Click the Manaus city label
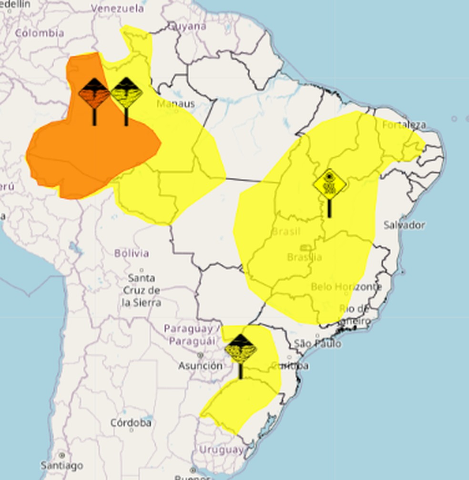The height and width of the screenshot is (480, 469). (175, 104)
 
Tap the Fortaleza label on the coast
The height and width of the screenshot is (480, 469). (404, 125)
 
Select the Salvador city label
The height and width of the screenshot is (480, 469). (404, 225)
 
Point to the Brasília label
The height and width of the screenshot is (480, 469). (304, 257)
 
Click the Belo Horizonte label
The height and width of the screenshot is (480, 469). (346, 287)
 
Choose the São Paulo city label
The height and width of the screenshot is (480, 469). (317, 343)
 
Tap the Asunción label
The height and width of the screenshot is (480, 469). (200, 366)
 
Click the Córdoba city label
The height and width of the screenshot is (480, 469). (131, 423)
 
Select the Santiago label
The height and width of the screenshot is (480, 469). (61, 465)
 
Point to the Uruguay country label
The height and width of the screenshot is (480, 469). (221, 450)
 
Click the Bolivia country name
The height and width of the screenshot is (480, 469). (132, 253)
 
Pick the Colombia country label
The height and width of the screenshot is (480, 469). (40, 33)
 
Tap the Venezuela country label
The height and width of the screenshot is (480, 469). (117, 9)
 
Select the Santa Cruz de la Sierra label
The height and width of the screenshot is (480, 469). (141, 290)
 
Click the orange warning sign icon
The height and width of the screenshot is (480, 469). (94, 94)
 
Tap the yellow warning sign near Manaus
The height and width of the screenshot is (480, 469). (126, 93)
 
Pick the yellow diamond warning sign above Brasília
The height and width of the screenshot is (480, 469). (329, 185)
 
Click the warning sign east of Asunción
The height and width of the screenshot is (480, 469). (241, 349)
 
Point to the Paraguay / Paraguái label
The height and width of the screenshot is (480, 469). (192, 335)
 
